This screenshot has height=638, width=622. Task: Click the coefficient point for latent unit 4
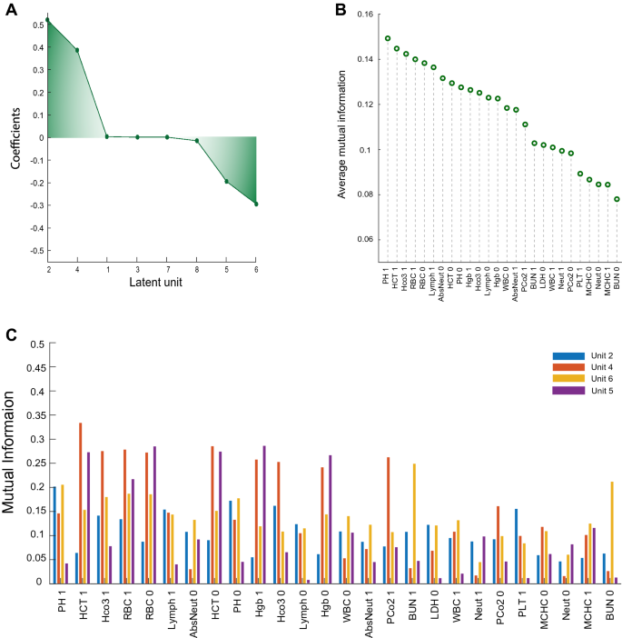[77, 50]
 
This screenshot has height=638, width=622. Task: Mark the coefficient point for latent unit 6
[257, 204]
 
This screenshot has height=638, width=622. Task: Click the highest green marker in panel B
[388, 39]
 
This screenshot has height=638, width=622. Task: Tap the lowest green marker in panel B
[617, 199]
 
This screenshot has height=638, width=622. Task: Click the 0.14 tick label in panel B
[363, 59]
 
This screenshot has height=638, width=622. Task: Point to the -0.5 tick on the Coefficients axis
[34, 250]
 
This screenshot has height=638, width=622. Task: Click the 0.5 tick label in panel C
[37, 344]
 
